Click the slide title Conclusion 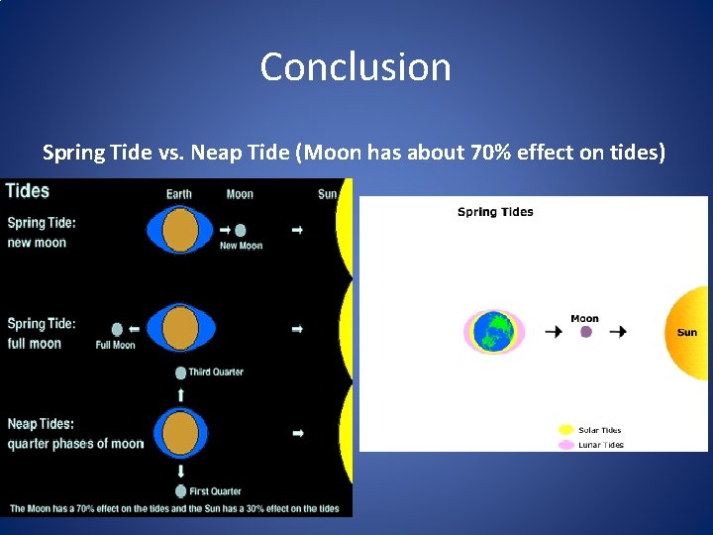(356, 67)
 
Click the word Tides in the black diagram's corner (28, 191)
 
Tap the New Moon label (242, 246)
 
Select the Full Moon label (115, 345)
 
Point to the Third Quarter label (216, 373)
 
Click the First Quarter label (215, 491)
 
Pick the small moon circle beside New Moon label (240, 230)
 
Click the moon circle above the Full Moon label (117, 329)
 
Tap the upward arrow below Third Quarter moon (180, 394)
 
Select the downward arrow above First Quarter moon (180, 472)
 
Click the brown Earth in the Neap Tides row (180, 433)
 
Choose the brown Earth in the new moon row (180, 230)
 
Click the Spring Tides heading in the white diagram (495, 212)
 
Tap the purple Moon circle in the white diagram (585, 332)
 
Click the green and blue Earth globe (494, 332)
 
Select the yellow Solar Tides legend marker (565, 430)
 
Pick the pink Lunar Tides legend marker (565, 445)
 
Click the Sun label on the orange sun (686, 333)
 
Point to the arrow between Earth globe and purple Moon (554, 332)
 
